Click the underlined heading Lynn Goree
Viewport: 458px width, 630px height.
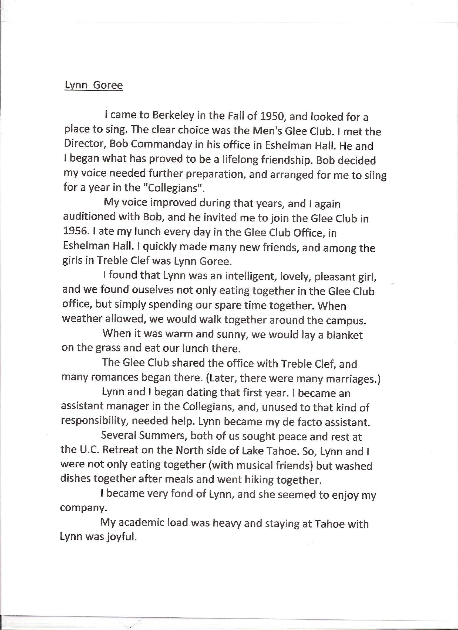(x=93, y=85)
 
